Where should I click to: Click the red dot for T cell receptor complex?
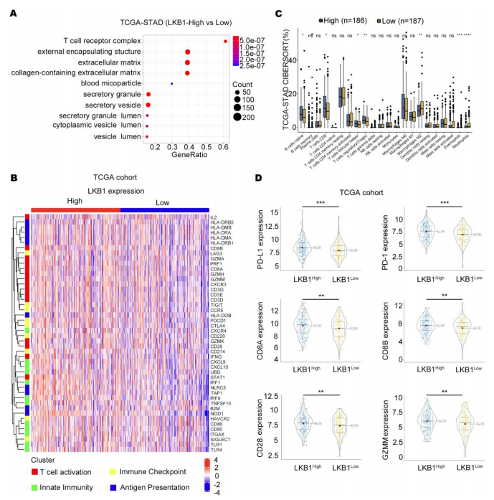pyautogui.click(x=226, y=41)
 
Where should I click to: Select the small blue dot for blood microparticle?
pyautogui.click(x=171, y=84)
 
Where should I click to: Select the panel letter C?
pyautogui.click(x=269, y=12)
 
